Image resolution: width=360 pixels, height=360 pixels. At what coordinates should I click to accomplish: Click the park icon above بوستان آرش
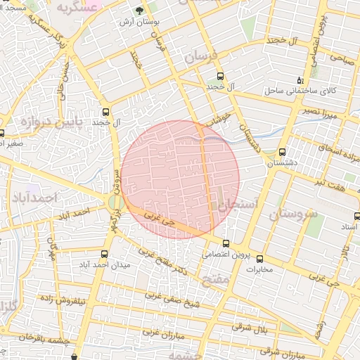pyautogui.click(x=138, y=11)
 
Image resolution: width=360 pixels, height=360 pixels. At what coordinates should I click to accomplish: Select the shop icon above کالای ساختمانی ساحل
pyautogui.click(x=300, y=80)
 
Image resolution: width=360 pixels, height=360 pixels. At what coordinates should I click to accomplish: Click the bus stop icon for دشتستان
pyautogui.click(x=282, y=152)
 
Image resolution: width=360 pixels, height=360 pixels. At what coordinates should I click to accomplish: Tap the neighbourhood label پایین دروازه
pyautogui.click(x=41, y=123)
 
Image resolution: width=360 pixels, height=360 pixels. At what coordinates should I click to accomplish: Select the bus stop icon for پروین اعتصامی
pyautogui.click(x=225, y=243)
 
